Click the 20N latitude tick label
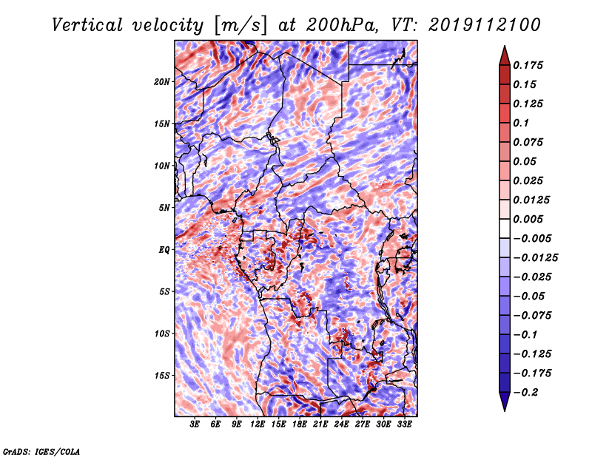[162, 82]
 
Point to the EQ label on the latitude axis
[164, 250]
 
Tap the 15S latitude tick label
[162, 376]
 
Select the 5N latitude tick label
[164, 208]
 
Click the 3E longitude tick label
[195, 424]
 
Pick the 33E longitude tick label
[404, 424]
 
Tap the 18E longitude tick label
[300, 424]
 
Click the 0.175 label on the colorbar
[528, 65]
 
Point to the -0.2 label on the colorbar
[526, 393]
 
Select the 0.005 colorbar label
[528, 219]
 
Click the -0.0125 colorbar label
[535, 258]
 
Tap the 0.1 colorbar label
[521, 123]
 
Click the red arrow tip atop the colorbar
[505, 46]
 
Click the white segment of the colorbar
[505, 228]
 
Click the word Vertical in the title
[87, 25]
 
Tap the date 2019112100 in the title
[485, 25]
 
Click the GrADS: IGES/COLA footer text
[41, 451]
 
